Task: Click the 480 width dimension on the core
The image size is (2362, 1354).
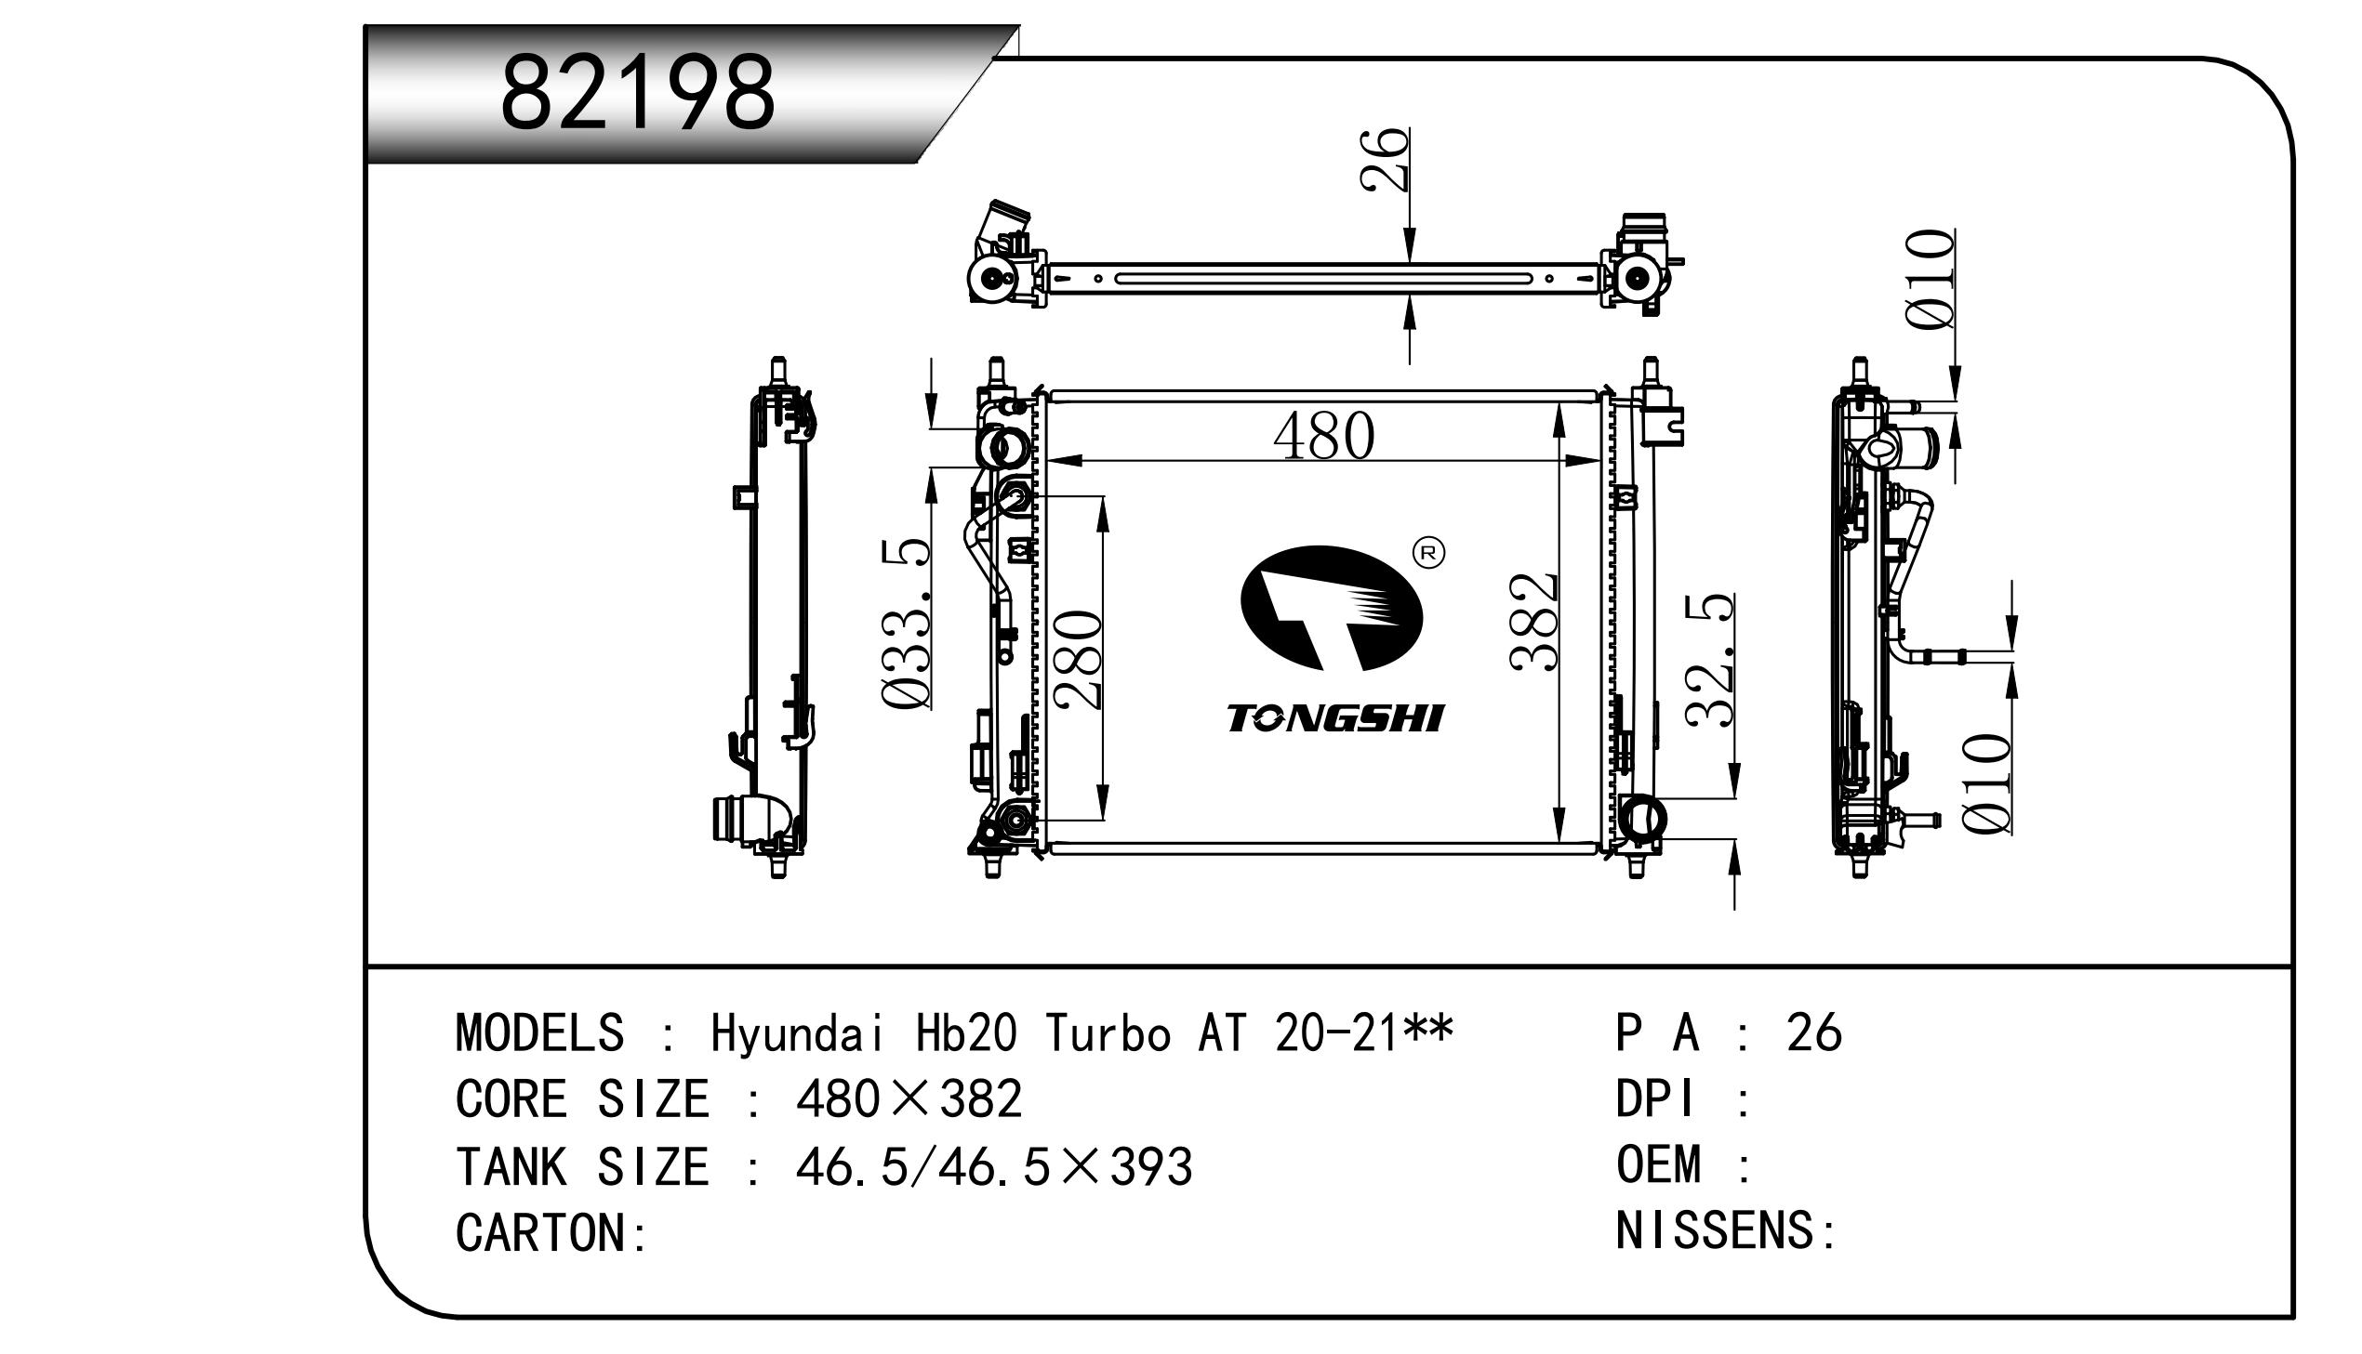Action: coord(1324,435)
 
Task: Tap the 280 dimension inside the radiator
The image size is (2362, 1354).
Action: coord(1078,659)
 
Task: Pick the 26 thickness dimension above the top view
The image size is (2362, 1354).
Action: coord(1385,160)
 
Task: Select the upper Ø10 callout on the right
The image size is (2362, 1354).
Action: coord(1931,279)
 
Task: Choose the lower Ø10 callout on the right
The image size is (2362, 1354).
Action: coord(1986,784)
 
